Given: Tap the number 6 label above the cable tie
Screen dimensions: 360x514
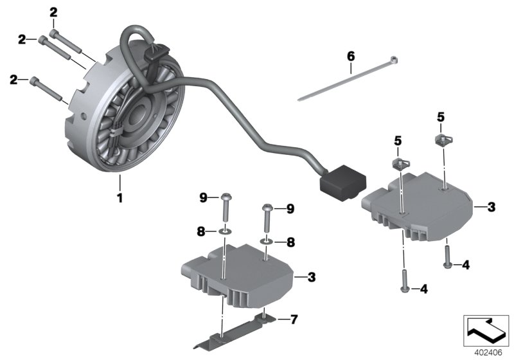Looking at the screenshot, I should click(351, 56).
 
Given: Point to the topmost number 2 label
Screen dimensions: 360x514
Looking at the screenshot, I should click(53, 12).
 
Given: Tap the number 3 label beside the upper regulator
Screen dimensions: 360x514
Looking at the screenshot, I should click(491, 207).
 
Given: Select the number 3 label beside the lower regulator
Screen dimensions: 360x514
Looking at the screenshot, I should click(312, 277).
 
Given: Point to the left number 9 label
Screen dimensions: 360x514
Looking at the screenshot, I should click(204, 198).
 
